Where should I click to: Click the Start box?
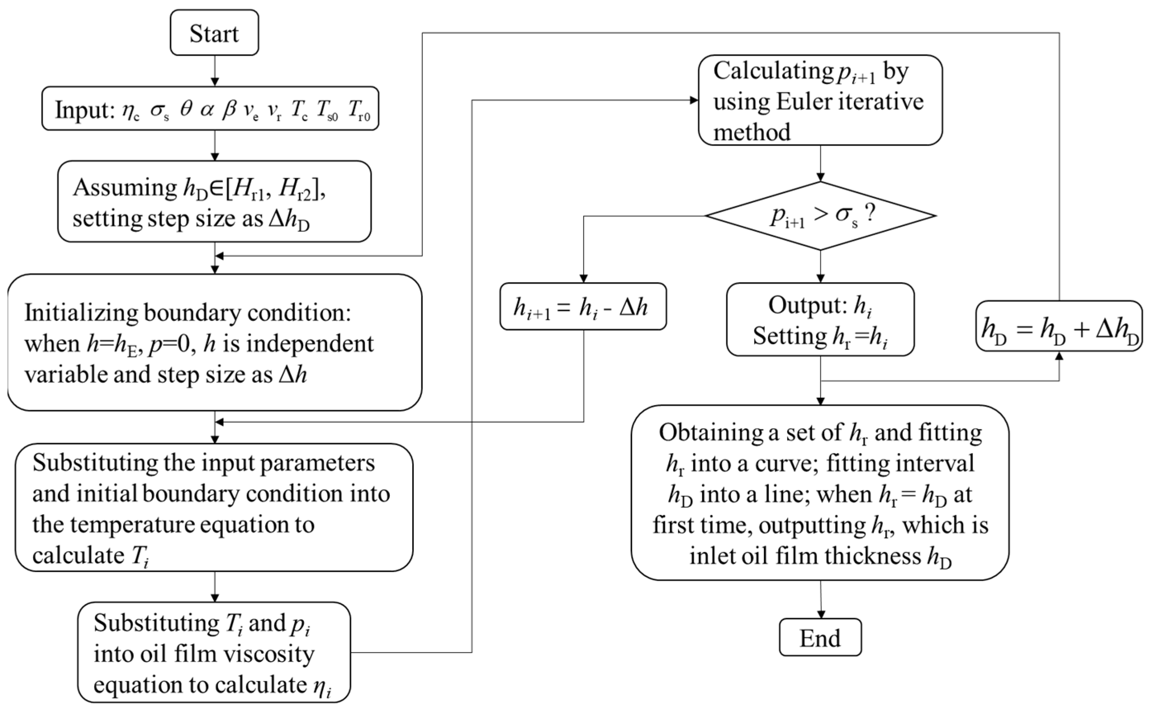[x=214, y=33]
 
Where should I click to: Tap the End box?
[x=820, y=637]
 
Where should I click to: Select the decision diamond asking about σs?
[x=820, y=215]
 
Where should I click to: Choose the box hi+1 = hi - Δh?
[x=583, y=306]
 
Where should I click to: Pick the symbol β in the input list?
[x=229, y=110]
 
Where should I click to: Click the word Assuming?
[x=125, y=188]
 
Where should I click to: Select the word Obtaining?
[x=710, y=432]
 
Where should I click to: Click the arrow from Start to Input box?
[x=215, y=71]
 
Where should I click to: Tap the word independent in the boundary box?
[x=310, y=344]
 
